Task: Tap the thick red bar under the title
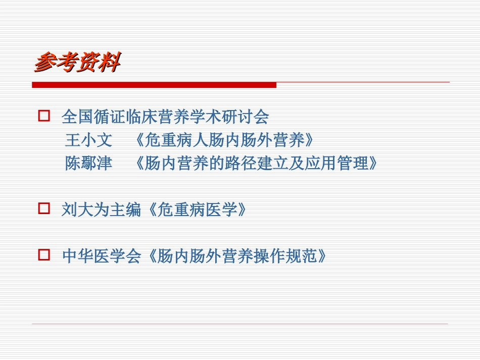154,85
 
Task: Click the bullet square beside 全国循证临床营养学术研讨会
44,117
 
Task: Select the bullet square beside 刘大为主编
44,208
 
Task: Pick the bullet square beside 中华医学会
44,255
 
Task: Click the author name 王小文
88,140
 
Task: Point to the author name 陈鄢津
88,164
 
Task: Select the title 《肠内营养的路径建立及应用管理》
256,164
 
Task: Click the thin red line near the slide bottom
240,324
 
